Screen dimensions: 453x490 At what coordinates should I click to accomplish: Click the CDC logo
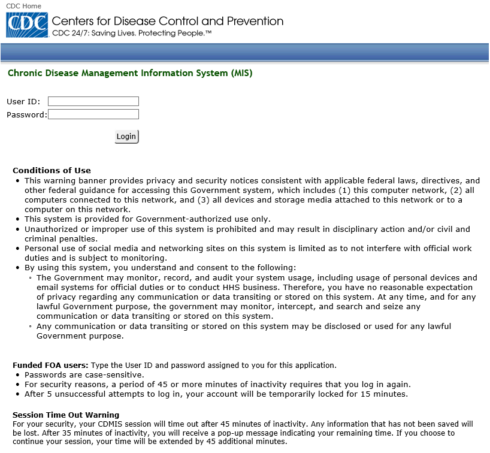click(x=27, y=25)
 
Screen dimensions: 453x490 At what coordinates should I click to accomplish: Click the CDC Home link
click(x=23, y=5)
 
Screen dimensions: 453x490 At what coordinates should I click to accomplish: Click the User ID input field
click(x=93, y=101)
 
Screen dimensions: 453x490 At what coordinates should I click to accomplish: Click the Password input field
click(x=93, y=114)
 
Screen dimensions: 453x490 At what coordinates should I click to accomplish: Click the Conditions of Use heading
click(x=52, y=171)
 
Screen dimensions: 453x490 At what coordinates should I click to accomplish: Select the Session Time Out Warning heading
click(x=66, y=415)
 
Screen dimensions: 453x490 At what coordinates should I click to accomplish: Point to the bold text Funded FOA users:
click(x=50, y=366)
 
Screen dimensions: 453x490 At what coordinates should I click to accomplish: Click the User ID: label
click(x=23, y=102)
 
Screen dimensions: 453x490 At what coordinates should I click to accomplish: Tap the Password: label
click(x=26, y=115)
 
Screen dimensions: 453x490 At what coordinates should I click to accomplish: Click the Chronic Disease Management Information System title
click(x=130, y=74)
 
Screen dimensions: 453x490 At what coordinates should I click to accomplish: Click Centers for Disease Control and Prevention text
click(x=168, y=21)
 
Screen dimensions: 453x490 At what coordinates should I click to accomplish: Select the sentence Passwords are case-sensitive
click(x=84, y=375)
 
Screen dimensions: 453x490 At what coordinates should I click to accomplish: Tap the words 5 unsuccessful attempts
click(x=96, y=394)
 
